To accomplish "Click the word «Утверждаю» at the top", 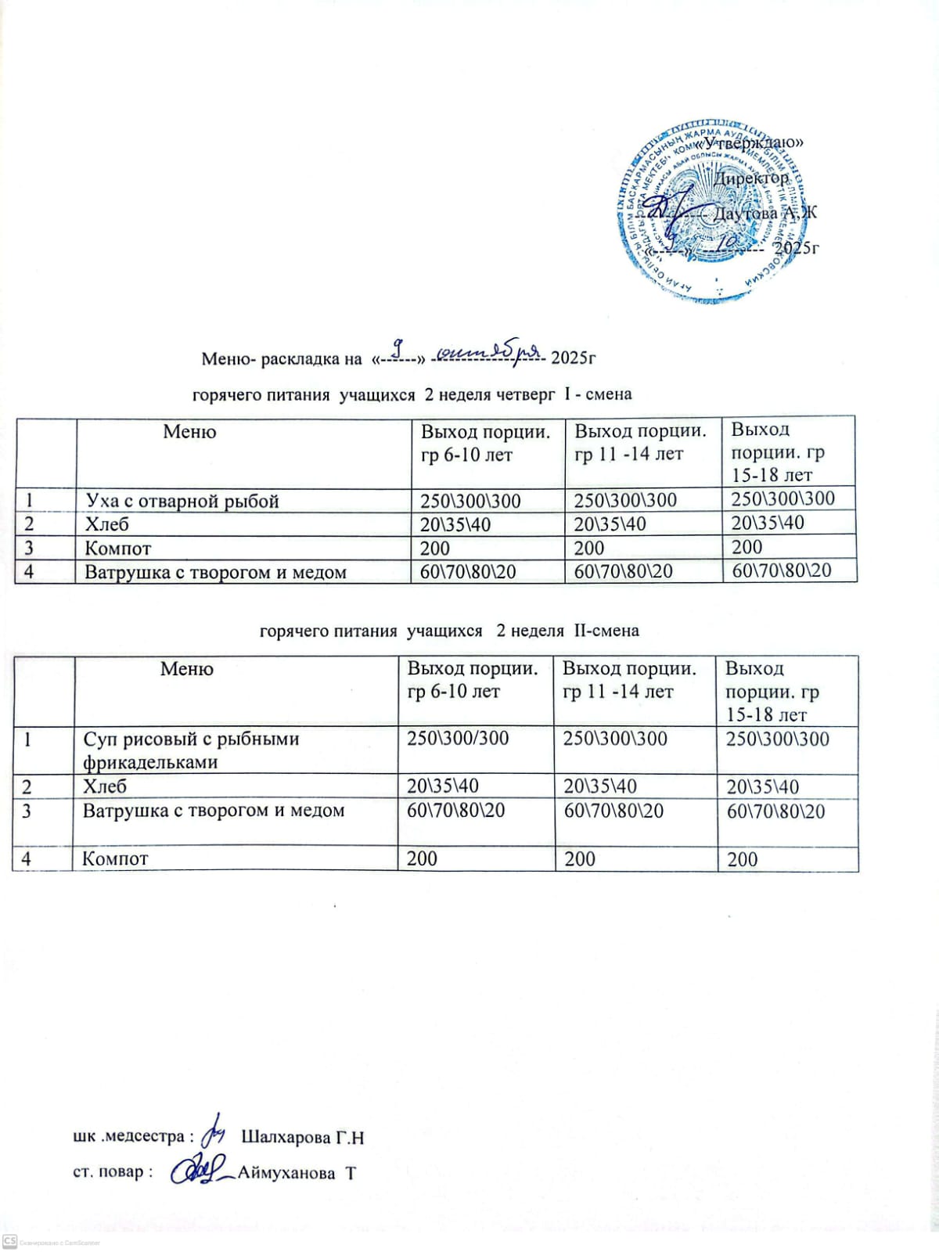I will [x=750, y=143].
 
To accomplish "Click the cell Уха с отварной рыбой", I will [x=182, y=501].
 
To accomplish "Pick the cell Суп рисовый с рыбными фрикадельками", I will [x=191, y=750].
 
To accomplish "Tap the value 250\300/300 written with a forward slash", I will [x=458, y=738].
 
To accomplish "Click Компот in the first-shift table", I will [x=117, y=549].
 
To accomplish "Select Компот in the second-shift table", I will [x=115, y=858].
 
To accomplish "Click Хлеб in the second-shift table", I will [x=105, y=786].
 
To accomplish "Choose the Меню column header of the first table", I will [x=189, y=431].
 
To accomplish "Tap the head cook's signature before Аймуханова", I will [x=197, y=1171].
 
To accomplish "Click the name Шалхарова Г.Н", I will [x=303, y=1137].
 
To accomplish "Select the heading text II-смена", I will [x=606, y=631].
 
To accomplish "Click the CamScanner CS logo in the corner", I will [x=10, y=1242].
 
